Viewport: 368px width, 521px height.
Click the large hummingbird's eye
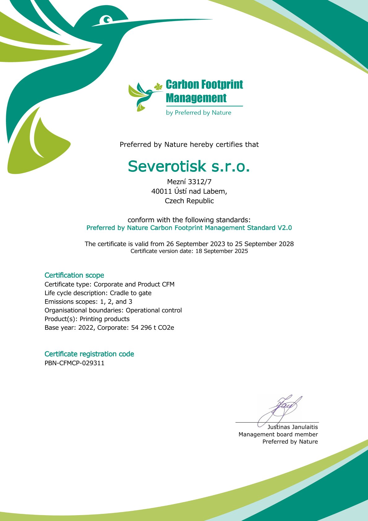tap(107, 20)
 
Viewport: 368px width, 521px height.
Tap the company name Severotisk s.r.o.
tap(189, 166)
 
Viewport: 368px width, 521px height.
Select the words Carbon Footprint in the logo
tap(204, 85)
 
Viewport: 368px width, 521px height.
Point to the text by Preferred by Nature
tap(199, 113)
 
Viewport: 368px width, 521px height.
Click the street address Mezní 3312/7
tap(189, 182)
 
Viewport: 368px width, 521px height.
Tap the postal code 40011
tap(161, 191)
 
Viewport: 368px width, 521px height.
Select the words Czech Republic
tap(189, 201)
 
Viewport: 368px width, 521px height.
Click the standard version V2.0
tap(285, 228)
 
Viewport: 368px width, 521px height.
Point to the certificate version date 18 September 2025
tap(221, 251)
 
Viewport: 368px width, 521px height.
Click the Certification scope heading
tap(74, 275)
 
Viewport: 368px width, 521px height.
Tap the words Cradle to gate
tap(131, 293)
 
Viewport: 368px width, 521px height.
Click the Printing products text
tap(105, 319)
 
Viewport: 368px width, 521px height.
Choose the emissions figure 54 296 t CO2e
tap(152, 328)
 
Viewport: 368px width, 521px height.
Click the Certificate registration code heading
tap(89, 354)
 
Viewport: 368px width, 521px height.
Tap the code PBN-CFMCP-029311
tap(75, 363)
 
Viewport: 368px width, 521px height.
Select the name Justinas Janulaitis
tap(293, 427)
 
